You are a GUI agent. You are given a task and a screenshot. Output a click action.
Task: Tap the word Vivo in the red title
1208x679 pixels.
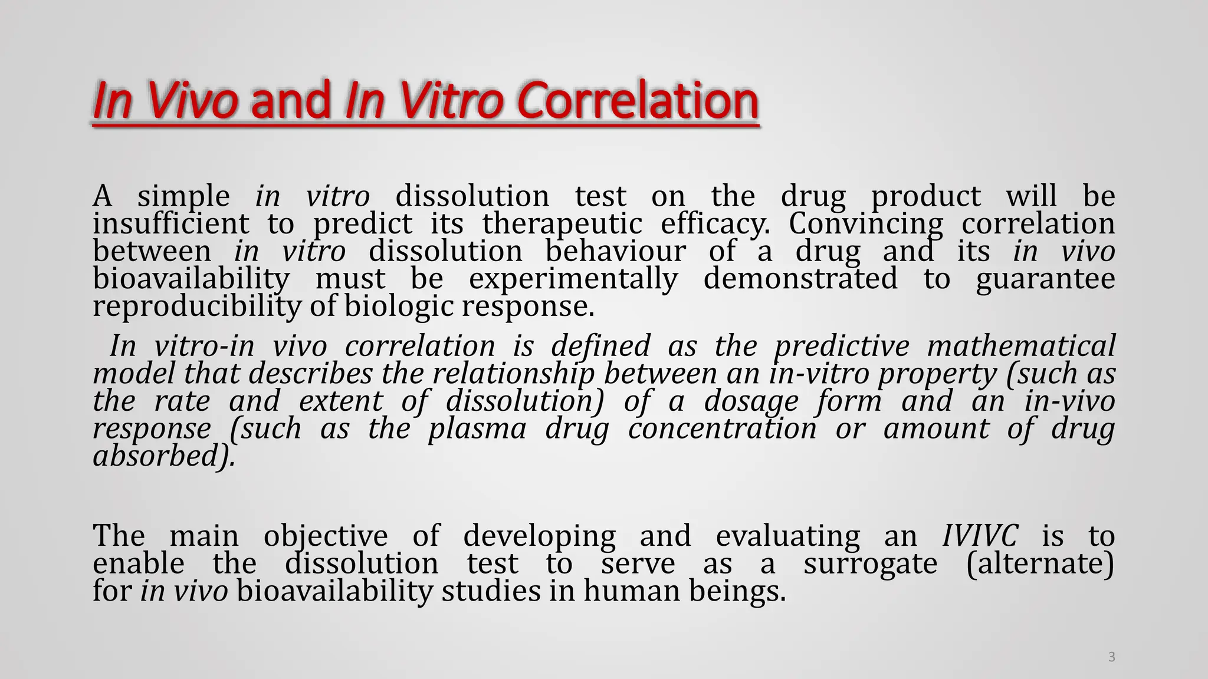pyautogui.click(x=192, y=100)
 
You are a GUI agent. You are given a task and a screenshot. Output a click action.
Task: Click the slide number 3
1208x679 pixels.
pyautogui.click(x=1111, y=657)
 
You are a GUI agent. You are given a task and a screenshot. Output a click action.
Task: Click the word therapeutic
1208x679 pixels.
pyautogui.click(x=562, y=224)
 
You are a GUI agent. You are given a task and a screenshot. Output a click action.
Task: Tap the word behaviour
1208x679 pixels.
pyautogui.click(x=615, y=252)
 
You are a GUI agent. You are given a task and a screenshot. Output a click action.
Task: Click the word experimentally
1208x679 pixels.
pyautogui.click(x=573, y=279)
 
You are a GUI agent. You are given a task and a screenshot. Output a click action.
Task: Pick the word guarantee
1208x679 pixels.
pyautogui.click(x=1045, y=279)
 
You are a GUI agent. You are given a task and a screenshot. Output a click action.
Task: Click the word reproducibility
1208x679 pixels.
pyautogui.click(x=197, y=306)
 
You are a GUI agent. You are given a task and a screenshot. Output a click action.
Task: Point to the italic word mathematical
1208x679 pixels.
pyautogui.click(x=1021, y=346)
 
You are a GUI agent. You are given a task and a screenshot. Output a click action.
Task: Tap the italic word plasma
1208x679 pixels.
pyautogui.click(x=477, y=429)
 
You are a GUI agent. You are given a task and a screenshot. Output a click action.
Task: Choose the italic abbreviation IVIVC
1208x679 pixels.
pyautogui.click(x=980, y=536)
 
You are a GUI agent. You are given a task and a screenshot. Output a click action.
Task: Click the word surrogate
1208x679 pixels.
pyautogui.click(x=870, y=564)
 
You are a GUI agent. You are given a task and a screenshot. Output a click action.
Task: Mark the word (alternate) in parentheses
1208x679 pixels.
pyautogui.click(x=1040, y=564)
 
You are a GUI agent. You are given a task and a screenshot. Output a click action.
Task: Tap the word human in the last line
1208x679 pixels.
pyautogui.click(x=632, y=591)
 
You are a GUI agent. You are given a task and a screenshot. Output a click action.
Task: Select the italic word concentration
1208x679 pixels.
pyautogui.click(x=722, y=429)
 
